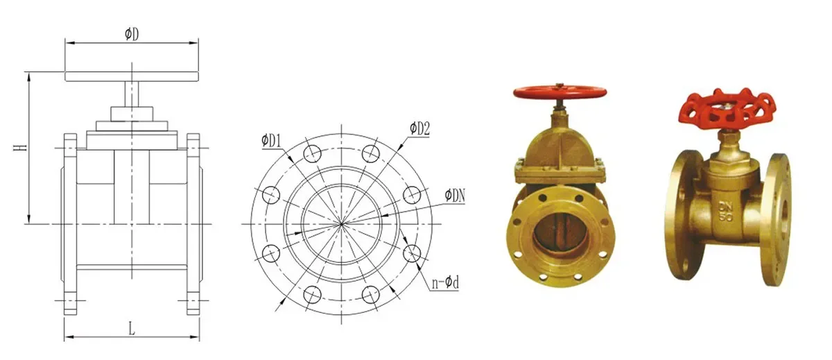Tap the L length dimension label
131,329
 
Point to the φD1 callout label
271,141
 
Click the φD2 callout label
419,128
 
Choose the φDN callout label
455,196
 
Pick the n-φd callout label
443,284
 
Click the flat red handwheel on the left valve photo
560,92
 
